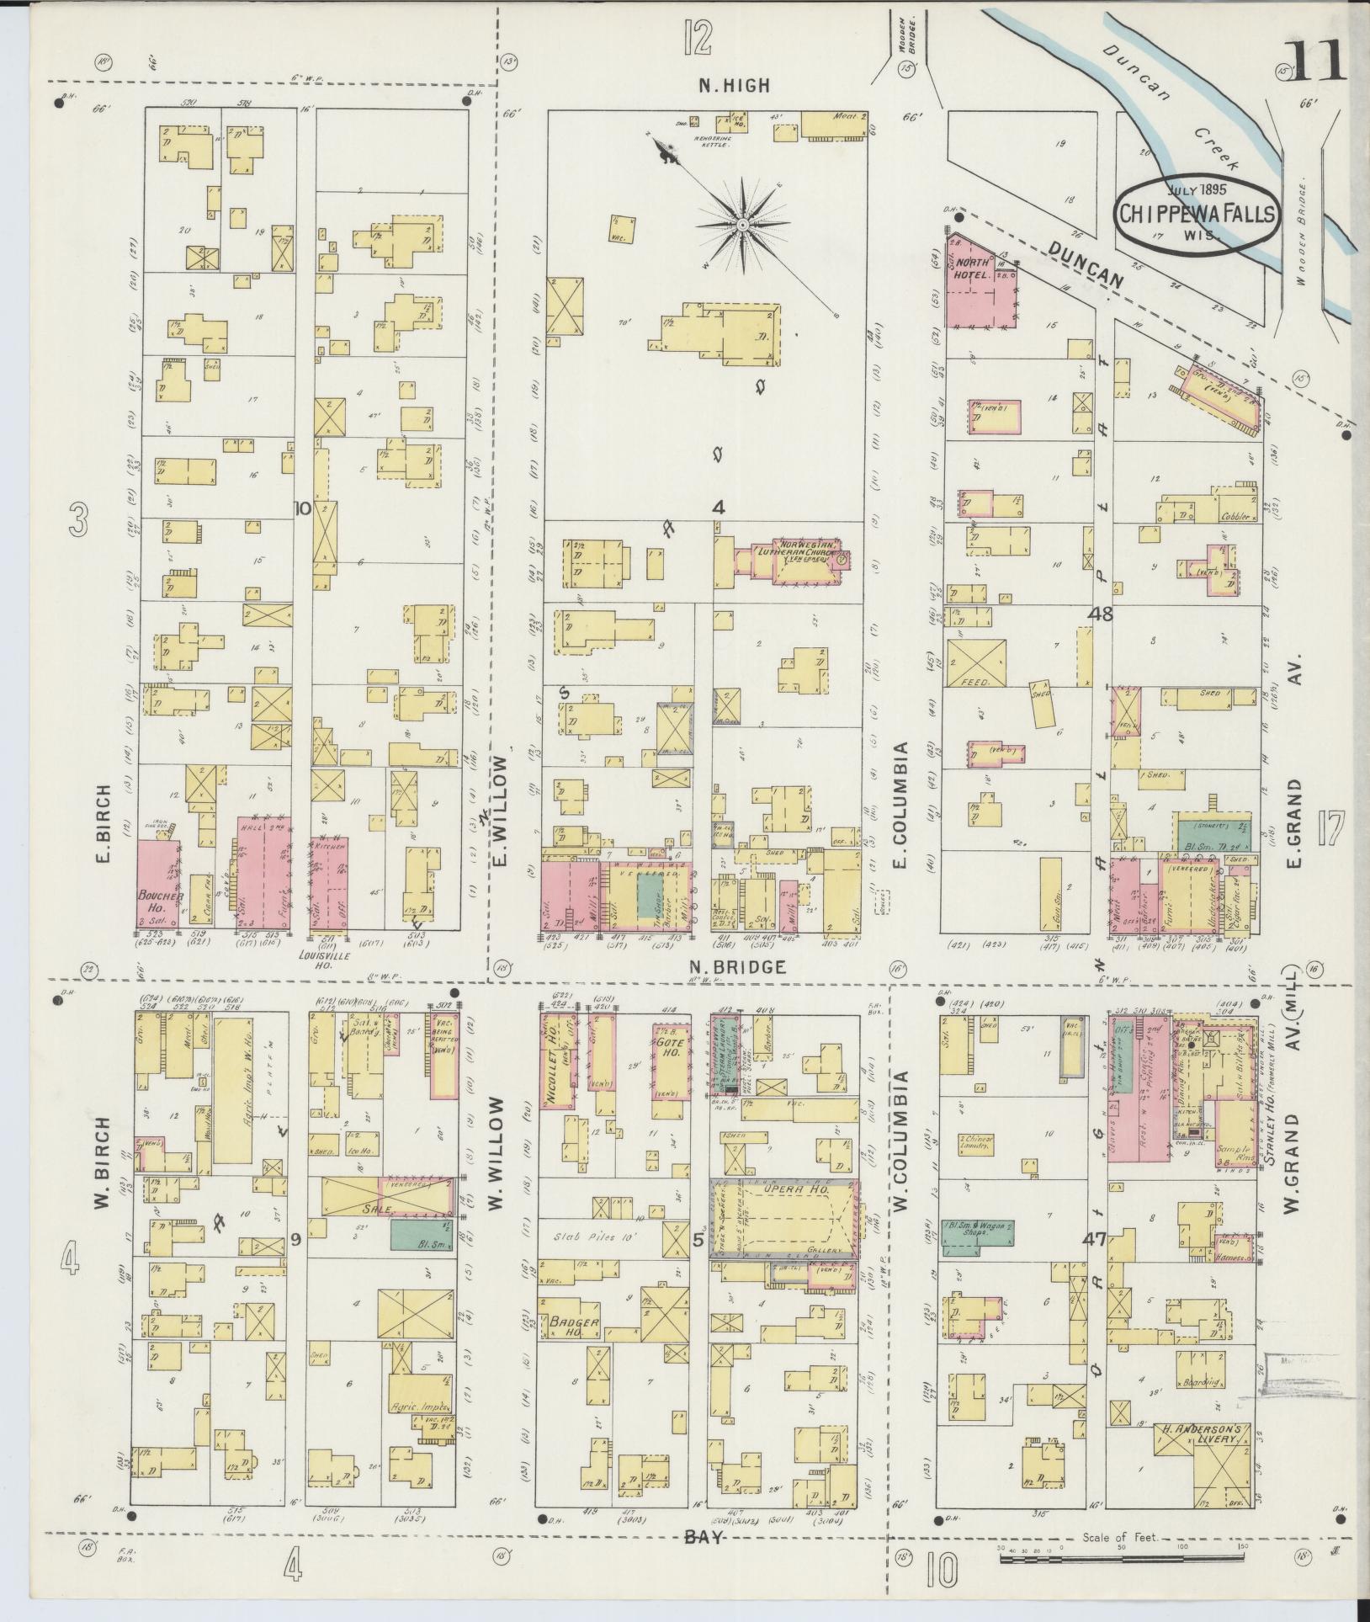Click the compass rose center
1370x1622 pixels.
click(x=743, y=226)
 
